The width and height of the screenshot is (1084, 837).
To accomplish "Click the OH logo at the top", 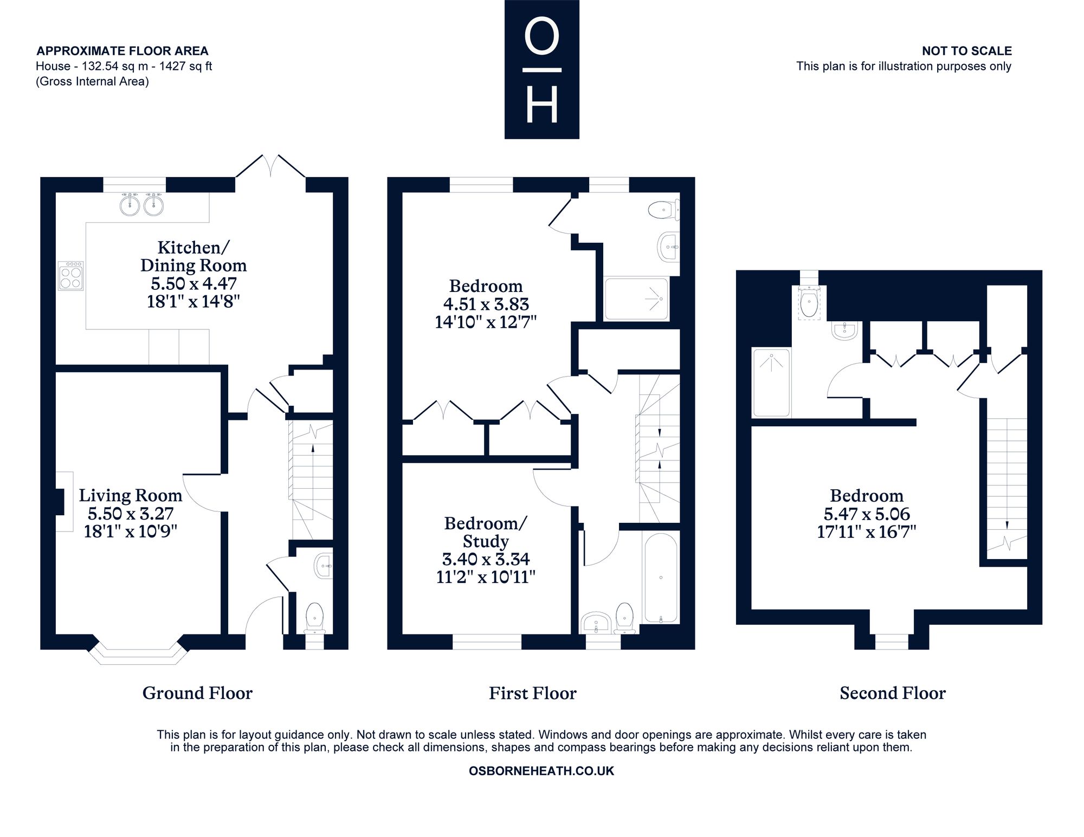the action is coord(541,69).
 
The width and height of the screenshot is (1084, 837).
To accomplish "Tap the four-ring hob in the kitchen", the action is coord(71,276).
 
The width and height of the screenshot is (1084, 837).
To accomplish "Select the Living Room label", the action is coord(131,495).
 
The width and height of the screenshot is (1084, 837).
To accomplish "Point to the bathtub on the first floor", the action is coord(661,578).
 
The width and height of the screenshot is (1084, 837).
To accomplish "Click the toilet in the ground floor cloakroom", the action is coord(314,618).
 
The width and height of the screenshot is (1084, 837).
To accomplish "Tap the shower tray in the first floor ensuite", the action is coord(637,299).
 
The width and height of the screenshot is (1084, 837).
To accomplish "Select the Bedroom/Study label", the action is coord(485,532).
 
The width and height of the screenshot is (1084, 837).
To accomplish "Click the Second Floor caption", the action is coord(893,693).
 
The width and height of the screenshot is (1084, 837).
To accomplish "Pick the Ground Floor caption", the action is coord(197,693).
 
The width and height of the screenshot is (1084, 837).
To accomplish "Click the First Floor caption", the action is coord(533,693).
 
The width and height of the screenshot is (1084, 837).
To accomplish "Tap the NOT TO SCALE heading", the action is coord(967,51).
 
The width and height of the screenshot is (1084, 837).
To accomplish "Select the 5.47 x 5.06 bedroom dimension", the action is coord(867,514).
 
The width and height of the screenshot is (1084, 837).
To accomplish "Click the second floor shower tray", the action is coord(771,382).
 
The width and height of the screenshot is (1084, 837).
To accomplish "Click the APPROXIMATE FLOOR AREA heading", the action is coord(122,51).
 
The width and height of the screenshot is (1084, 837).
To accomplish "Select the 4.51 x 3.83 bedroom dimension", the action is coord(485,304).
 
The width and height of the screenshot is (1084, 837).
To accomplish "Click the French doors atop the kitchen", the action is coord(270,166).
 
